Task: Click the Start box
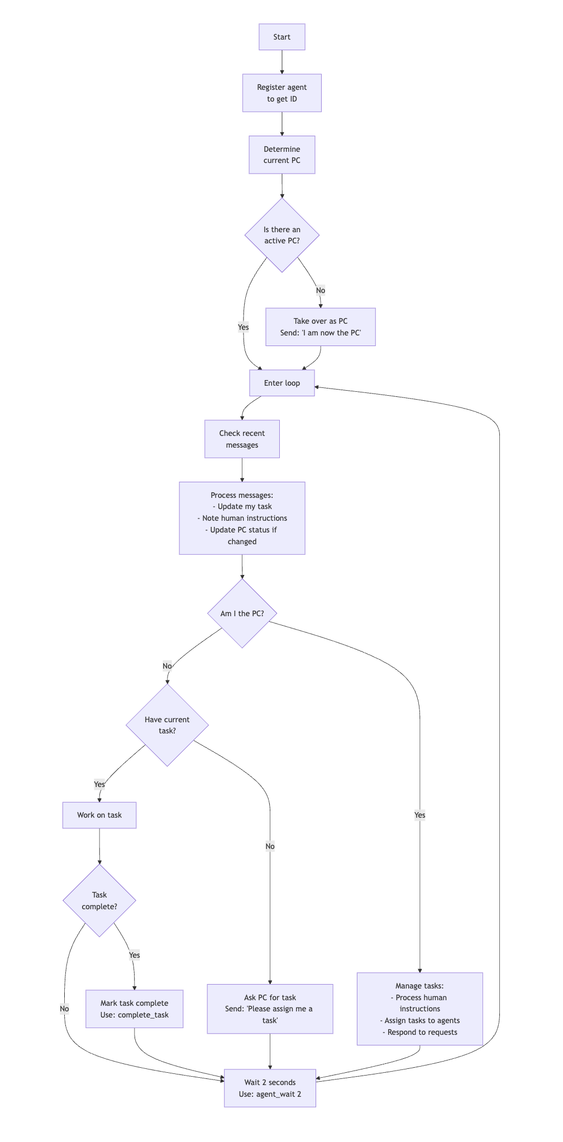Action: click(x=281, y=37)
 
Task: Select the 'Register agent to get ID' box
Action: click(x=281, y=93)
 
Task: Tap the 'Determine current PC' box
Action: click(x=281, y=155)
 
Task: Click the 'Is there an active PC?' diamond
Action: click(x=281, y=235)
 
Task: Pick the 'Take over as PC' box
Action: click(x=320, y=327)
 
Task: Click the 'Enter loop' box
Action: click(x=281, y=383)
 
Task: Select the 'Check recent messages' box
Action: click(x=242, y=439)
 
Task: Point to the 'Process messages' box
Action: click(x=242, y=518)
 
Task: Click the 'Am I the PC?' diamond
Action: click(x=242, y=613)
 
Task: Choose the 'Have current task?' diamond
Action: click(x=167, y=725)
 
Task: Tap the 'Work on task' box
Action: click(x=99, y=815)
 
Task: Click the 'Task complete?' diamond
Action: click(x=99, y=900)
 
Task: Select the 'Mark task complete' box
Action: click(x=134, y=1009)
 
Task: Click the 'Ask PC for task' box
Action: click(x=270, y=1009)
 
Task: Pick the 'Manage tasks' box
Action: click(x=419, y=1009)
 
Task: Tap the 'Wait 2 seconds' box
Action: click(x=270, y=1088)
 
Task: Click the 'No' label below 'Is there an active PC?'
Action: click(x=320, y=290)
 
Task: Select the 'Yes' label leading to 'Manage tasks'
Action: click(x=419, y=815)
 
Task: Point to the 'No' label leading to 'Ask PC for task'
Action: click(x=270, y=846)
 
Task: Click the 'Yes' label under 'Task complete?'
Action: click(x=134, y=955)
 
